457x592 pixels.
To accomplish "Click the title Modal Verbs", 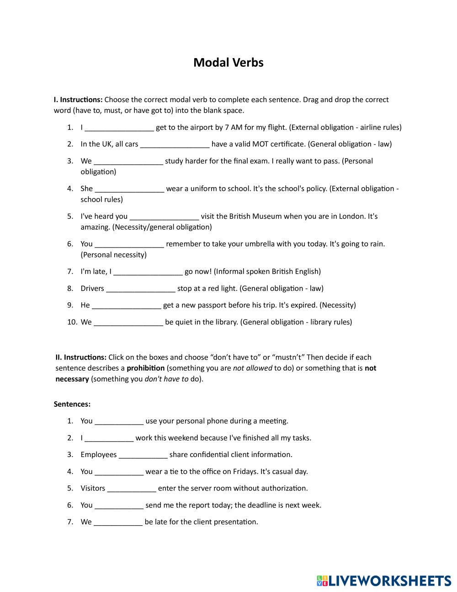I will (x=228, y=62).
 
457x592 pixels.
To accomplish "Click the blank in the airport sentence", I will (x=119, y=128).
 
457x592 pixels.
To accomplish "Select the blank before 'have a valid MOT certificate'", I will (x=175, y=144).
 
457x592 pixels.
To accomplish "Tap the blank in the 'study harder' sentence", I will (x=128, y=161).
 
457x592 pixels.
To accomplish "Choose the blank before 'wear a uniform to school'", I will (x=129, y=189).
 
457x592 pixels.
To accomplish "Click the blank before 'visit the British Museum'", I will (x=164, y=216).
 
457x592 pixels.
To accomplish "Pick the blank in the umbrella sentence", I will (x=129, y=244).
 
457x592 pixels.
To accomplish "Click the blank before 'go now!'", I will (x=148, y=272).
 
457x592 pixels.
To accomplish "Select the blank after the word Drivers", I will (x=140, y=289).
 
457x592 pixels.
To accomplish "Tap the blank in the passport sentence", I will (x=127, y=305).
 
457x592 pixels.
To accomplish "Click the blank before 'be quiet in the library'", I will (x=128, y=322).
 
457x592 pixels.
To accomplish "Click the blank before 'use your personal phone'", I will (x=119, y=421).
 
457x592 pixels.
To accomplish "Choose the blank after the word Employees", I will (x=143, y=455).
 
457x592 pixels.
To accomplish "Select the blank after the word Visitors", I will (x=132, y=488).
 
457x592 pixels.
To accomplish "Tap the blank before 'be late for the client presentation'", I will (x=118, y=522).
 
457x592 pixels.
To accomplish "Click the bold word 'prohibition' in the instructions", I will (x=145, y=368).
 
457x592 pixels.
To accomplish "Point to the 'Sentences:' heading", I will (x=72, y=404).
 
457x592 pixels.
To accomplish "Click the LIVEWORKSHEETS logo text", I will (x=389, y=581).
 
